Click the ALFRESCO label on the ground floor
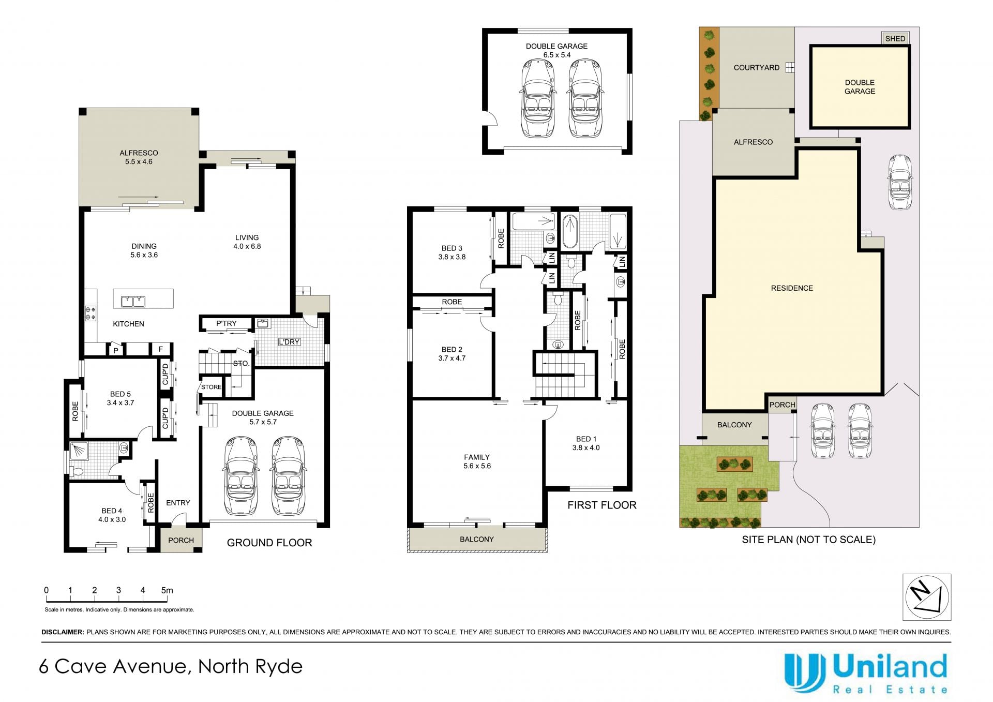(x=139, y=153)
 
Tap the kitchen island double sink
(x=133, y=301)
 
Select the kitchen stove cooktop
(x=91, y=313)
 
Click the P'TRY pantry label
(x=227, y=323)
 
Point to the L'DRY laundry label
(x=289, y=342)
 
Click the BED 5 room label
(x=121, y=394)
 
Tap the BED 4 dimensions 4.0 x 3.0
(x=112, y=519)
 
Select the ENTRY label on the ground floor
(x=178, y=503)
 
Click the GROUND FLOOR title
(x=269, y=543)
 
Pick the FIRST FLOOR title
(x=602, y=505)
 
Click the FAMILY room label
(x=477, y=457)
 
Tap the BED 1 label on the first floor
(x=586, y=439)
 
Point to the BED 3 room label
(x=452, y=248)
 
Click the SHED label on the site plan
(x=895, y=39)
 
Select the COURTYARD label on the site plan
(x=757, y=68)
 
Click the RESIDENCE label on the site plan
(x=792, y=288)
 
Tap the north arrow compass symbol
(x=927, y=597)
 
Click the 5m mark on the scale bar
(x=167, y=590)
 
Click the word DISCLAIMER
(x=63, y=632)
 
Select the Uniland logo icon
(x=805, y=673)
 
